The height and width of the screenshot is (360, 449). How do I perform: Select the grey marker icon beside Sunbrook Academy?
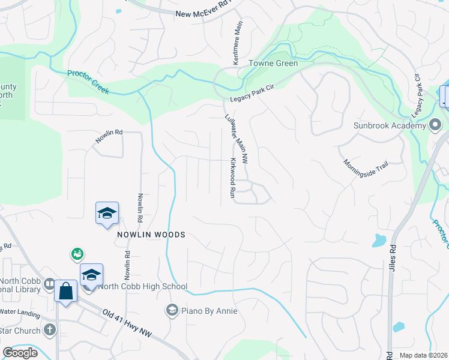(x=436, y=125)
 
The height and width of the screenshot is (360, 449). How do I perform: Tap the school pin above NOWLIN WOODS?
(x=107, y=214)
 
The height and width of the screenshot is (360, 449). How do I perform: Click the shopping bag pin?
(x=65, y=291)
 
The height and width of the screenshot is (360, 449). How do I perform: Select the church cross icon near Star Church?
(x=49, y=329)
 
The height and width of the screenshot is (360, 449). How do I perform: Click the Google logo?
(x=20, y=353)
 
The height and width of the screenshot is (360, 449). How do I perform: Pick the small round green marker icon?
(x=77, y=254)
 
